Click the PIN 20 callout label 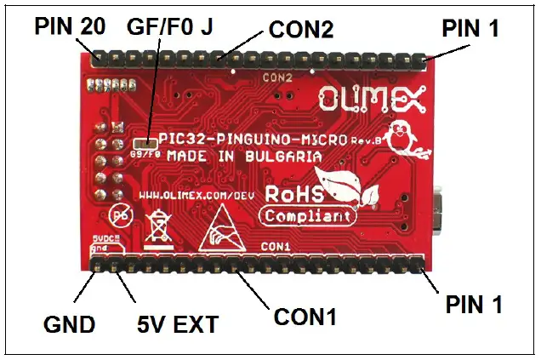point(70,26)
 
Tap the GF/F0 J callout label point(170,26)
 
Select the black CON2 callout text point(300,31)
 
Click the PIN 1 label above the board point(472,29)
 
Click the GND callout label point(68,324)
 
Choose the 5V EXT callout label point(179,324)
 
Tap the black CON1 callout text point(305,317)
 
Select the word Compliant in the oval point(303,216)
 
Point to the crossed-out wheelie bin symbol point(159,226)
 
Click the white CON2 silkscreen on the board point(278,77)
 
